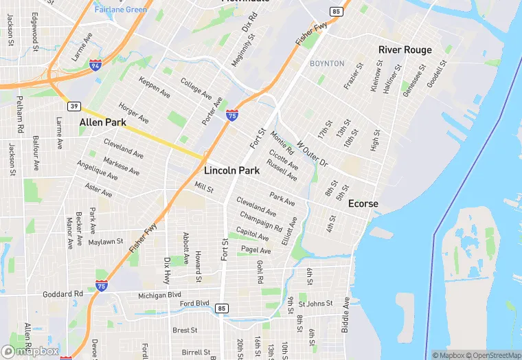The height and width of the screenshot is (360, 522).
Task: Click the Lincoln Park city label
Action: pos(231,170)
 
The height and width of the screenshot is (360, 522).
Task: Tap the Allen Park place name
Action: pos(102,123)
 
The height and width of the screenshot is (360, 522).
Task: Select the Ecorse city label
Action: pos(363,204)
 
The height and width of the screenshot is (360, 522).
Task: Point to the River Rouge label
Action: pos(405,49)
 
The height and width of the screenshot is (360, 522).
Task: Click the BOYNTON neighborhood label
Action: pos(327,64)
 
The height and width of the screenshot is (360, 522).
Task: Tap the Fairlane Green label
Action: pos(121,10)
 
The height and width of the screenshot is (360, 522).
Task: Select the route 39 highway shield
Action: pos(73,106)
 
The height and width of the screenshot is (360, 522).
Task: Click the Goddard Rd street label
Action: pos(63,293)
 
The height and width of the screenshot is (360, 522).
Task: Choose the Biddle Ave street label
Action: pos(346,315)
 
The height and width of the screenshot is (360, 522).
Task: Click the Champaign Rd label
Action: pos(261,221)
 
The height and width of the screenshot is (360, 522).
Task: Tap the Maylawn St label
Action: pos(106,242)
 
